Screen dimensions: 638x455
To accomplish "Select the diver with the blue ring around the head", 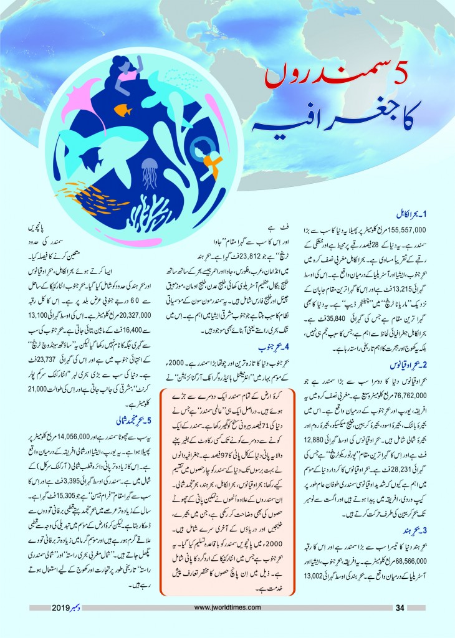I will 204,150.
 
